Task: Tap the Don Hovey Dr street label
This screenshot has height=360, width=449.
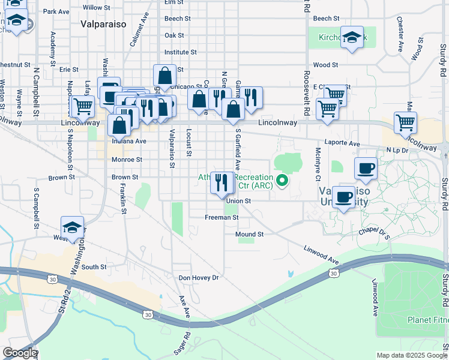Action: (x=199, y=278)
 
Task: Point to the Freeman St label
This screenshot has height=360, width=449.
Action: (x=221, y=218)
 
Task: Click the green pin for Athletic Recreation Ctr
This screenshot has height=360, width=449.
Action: (x=282, y=179)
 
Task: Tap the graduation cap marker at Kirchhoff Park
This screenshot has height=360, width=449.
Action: (x=352, y=37)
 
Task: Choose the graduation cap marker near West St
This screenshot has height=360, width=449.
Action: (x=72, y=227)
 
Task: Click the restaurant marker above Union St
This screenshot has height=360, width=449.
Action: (x=221, y=183)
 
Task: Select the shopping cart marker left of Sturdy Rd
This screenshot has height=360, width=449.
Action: (x=406, y=122)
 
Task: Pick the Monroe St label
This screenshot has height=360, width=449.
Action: (x=127, y=160)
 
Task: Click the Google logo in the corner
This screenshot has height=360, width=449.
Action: (x=19, y=353)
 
